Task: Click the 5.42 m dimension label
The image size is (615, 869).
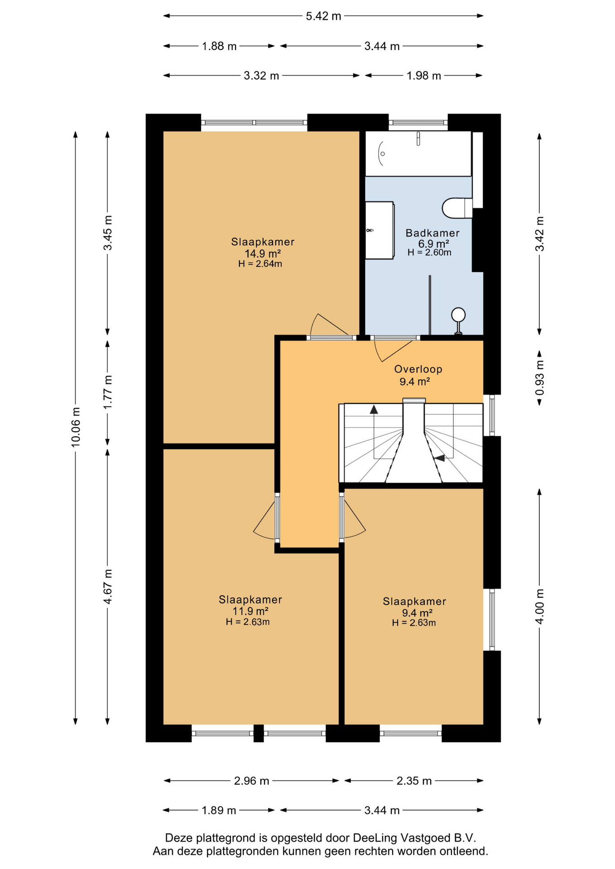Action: pos(323,16)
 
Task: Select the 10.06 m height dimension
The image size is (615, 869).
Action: pos(76,427)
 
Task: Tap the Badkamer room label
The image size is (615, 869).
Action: pos(432,233)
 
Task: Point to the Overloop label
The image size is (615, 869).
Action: pos(418,369)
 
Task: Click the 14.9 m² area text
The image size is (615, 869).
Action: pos(263,253)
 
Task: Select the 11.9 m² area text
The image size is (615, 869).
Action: pos(250,611)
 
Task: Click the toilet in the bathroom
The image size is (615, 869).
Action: pos(457,208)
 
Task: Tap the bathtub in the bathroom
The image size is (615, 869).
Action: pos(418,153)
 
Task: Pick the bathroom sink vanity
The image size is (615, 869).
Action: pos(380,230)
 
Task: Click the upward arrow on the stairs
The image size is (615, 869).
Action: pos(374,410)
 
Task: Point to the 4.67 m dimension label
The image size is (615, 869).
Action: pos(108,587)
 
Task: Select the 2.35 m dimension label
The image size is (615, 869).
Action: pos(414,781)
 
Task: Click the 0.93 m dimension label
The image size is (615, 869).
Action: pos(539,377)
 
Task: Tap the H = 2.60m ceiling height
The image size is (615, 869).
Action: pos(429,253)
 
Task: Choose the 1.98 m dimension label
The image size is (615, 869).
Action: pos(424,76)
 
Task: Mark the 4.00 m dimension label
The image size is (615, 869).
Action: pos(539,607)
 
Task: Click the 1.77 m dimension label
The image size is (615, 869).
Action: pos(108,392)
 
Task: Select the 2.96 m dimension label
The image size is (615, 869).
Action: pos(252,781)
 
